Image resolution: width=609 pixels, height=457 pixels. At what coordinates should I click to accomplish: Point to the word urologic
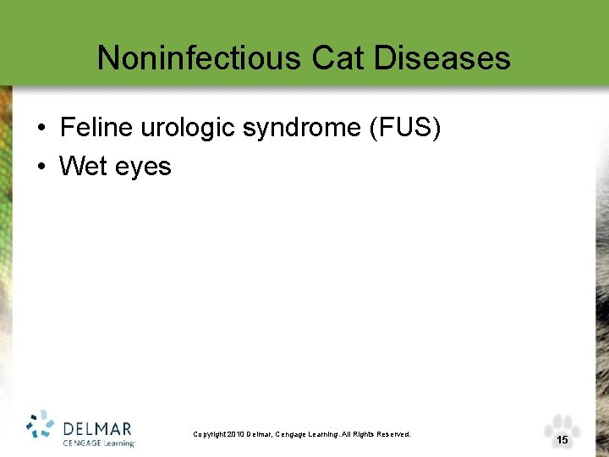(193, 129)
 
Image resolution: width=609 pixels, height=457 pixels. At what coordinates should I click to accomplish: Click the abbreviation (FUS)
(405, 129)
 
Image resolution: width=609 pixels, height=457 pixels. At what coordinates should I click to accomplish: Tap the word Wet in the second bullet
(82, 166)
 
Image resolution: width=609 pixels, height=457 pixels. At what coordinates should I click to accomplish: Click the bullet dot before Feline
(41, 129)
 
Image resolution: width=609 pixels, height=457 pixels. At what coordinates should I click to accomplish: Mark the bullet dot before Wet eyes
(41, 167)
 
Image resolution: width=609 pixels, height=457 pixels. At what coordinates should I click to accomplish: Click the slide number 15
(562, 440)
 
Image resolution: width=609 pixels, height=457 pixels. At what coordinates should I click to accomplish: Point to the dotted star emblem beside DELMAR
(41, 427)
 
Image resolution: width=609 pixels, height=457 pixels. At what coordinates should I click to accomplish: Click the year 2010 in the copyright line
(235, 434)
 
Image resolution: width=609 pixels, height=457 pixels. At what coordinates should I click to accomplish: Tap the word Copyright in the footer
(209, 434)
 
